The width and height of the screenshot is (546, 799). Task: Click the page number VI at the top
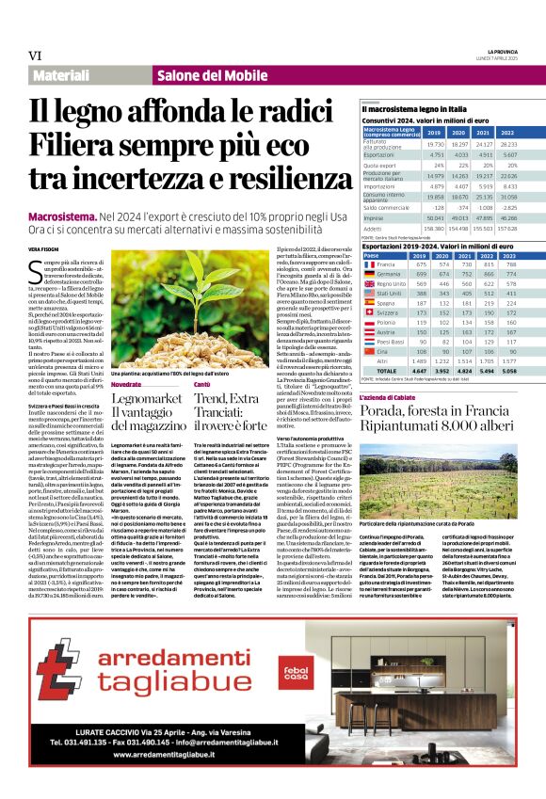point(35,55)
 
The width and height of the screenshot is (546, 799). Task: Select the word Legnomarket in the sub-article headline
point(145,399)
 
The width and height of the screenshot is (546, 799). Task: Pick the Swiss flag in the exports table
point(370,312)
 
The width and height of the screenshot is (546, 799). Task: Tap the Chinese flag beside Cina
point(370,349)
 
